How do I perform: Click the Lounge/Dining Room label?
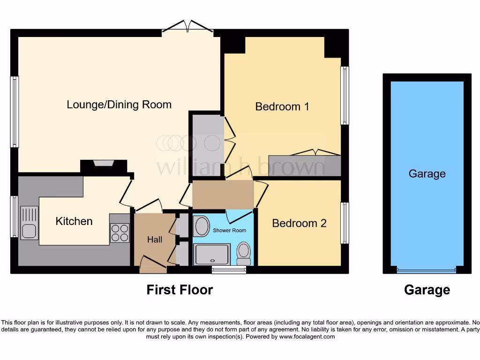(119, 105)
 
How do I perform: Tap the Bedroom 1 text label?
(282, 107)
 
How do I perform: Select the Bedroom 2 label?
(299, 223)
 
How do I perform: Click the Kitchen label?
(74, 221)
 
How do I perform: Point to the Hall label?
(155, 240)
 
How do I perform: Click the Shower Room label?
(229, 230)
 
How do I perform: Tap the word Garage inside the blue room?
(427, 174)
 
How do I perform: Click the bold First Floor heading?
(180, 290)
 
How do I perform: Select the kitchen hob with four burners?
(120, 233)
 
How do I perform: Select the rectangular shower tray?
(212, 254)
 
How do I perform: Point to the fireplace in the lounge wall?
(104, 164)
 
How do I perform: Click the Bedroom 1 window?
(345, 95)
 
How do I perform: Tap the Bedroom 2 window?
(345, 223)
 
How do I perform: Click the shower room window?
(229, 270)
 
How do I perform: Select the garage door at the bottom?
(426, 270)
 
